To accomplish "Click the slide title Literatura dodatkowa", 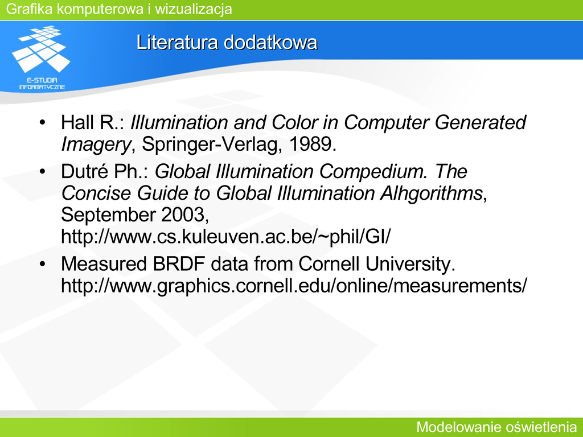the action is tap(227, 42).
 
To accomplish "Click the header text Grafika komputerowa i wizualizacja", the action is tap(119, 9).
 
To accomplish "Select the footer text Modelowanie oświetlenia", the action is tap(496, 427).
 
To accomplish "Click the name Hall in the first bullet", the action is tap(76, 122).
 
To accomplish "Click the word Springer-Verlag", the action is tap(210, 145).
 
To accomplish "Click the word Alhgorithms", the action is tap(431, 193).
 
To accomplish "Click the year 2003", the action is tap(183, 215).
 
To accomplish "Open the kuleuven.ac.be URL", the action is tap(225, 237).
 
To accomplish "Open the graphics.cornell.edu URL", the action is tap(294, 286).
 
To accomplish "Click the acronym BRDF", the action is tap(179, 264).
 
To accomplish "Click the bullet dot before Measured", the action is tap(42, 264).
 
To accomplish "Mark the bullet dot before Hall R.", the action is tap(42, 122).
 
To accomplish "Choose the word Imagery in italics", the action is tap(96, 145).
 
